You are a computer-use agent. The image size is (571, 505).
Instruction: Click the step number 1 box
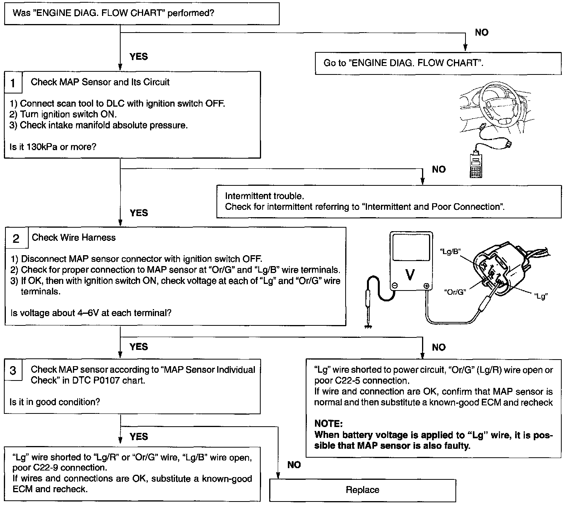coord(13,83)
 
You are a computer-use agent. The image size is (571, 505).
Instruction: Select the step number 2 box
coord(16,238)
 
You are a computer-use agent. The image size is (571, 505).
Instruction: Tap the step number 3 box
coord(13,371)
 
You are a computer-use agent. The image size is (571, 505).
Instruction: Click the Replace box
coord(362,490)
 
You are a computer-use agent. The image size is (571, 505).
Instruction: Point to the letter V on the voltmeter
coord(410,275)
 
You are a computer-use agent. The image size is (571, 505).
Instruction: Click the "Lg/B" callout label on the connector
coord(450,251)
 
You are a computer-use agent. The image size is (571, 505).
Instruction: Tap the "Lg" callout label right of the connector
coord(541,296)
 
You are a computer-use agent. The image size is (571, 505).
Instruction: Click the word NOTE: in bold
coord(329,424)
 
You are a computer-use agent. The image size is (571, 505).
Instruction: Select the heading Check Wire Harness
coord(74,237)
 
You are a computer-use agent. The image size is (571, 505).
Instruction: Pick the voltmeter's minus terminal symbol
coord(395,285)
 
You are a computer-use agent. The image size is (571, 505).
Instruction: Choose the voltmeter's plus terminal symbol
coord(426,286)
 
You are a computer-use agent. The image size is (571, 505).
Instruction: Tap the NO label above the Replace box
coord(294,465)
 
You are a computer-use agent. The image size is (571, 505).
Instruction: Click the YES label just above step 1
coord(139,57)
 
